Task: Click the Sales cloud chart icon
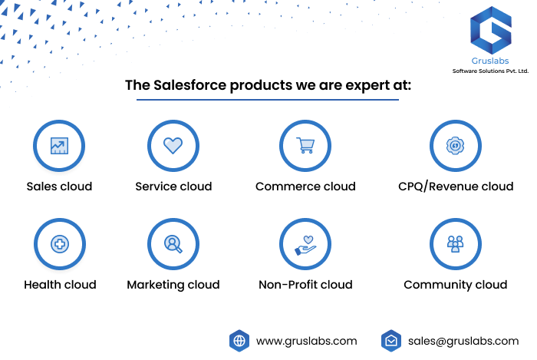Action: pyautogui.click(x=59, y=146)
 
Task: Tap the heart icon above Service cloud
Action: pyautogui.click(x=173, y=145)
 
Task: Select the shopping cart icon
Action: pyautogui.click(x=305, y=145)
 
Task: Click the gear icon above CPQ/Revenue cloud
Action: pyautogui.click(x=455, y=146)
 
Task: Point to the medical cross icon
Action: pyautogui.click(x=60, y=244)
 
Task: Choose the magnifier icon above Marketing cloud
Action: pyautogui.click(x=173, y=244)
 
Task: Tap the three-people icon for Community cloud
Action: pyautogui.click(x=455, y=244)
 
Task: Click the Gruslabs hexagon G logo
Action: pyautogui.click(x=491, y=30)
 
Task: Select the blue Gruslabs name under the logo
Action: pyautogui.click(x=490, y=61)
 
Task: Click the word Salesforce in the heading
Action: pyautogui.click(x=189, y=85)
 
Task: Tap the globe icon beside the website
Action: pyautogui.click(x=239, y=341)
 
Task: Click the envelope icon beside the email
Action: pyautogui.click(x=391, y=341)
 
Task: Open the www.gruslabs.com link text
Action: pyautogui.click(x=307, y=341)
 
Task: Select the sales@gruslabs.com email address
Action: pyautogui.click(x=463, y=341)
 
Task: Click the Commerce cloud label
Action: pyautogui.click(x=305, y=187)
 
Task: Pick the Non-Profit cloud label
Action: pyautogui.click(x=305, y=285)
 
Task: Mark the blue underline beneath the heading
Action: pyautogui.click(x=268, y=100)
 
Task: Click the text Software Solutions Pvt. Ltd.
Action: pyautogui.click(x=490, y=71)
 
